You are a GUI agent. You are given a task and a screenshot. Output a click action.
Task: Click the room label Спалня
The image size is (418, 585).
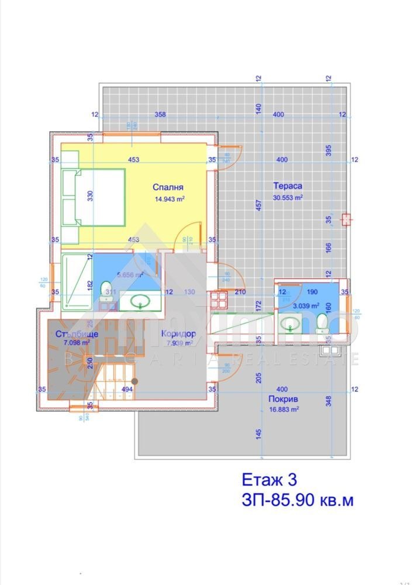(x=168, y=187)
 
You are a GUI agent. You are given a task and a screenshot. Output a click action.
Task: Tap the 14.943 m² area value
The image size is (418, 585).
(x=170, y=198)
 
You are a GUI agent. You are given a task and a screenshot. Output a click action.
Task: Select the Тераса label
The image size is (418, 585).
(x=288, y=186)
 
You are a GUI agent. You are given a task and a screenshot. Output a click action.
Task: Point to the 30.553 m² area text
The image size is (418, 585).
(x=288, y=197)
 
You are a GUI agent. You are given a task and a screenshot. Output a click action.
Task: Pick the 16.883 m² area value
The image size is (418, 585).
(x=284, y=409)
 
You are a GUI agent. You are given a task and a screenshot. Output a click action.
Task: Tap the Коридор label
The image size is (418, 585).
(x=177, y=334)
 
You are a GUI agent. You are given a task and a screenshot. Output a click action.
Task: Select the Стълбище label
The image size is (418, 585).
(x=73, y=334)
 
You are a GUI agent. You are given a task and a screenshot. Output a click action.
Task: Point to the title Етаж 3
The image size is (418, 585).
(x=270, y=480)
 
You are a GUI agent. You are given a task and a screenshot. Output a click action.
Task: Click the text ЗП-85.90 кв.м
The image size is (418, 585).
(x=298, y=501)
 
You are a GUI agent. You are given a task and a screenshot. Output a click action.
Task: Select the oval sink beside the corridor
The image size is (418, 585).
(x=140, y=302)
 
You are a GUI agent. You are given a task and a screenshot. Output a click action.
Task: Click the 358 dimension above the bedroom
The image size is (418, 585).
(x=160, y=115)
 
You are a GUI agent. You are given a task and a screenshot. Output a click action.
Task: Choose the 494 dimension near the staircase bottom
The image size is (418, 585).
(x=127, y=388)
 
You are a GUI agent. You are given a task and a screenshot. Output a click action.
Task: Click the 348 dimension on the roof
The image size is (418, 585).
(x=329, y=401)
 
